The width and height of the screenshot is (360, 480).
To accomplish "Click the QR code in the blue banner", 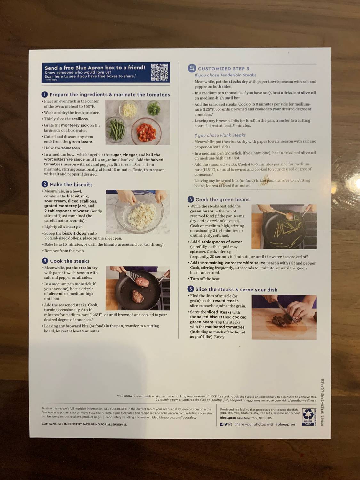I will click(159, 72).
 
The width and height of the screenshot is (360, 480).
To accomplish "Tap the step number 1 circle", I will click(45, 94).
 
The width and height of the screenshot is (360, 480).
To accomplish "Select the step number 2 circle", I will click(45, 184).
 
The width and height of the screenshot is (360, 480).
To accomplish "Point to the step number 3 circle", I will click(45, 261).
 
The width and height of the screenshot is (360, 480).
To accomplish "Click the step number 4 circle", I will click(191, 199).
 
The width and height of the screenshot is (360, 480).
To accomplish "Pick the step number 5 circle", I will click(191, 289).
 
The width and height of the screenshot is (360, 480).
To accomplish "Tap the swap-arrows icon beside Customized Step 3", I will click(192, 68).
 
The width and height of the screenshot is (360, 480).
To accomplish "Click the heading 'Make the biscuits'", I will click(71, 185).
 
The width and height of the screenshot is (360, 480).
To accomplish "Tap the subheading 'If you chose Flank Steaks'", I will click(220, 135).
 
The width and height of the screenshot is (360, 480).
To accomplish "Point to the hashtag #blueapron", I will click(285, 424).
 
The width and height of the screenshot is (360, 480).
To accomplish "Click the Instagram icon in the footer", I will click(230, 424).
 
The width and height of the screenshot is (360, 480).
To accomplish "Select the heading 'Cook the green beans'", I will click(222, 200).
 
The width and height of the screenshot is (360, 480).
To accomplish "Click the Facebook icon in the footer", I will click(222, 424).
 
